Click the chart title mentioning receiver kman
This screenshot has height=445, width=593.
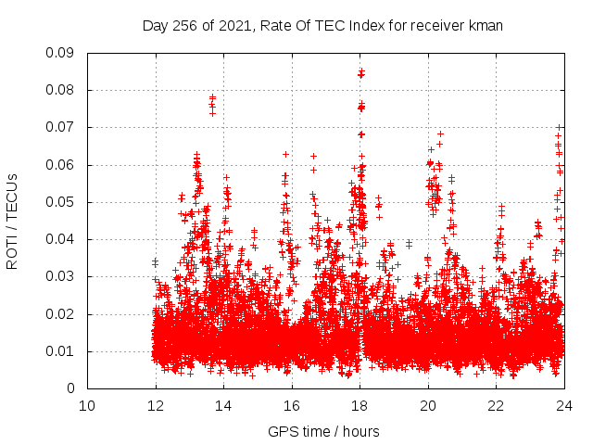coord(322,26)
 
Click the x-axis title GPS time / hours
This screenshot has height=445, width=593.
coord(323,431)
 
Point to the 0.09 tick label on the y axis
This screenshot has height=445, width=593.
coord(61,53)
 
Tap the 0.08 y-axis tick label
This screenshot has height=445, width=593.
coord(61,90)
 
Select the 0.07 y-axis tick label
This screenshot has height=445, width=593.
coord(61,127)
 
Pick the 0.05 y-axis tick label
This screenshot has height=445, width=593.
coord(61,202)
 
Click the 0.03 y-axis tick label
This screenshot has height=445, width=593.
coord(61,276)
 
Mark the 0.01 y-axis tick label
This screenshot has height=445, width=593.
coord(61,351)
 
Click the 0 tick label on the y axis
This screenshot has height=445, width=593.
coord(71,388)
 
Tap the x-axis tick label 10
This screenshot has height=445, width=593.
coord(87,405)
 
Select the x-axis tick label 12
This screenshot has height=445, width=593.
coord(156,405)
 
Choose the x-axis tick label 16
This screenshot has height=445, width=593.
coord(292,405)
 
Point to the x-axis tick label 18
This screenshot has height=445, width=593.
coord(360,405)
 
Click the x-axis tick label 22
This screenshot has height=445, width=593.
coord(496,405)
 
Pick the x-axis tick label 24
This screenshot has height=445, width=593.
coord(563,405)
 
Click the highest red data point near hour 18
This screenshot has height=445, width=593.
coord(361,71)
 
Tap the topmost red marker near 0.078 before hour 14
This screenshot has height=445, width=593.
coord(212,97)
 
